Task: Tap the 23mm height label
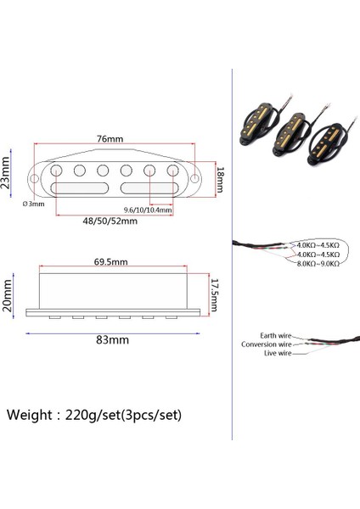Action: click(7, 173)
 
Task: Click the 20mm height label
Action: click(8, 294)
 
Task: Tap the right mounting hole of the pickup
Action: click(197, 179)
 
